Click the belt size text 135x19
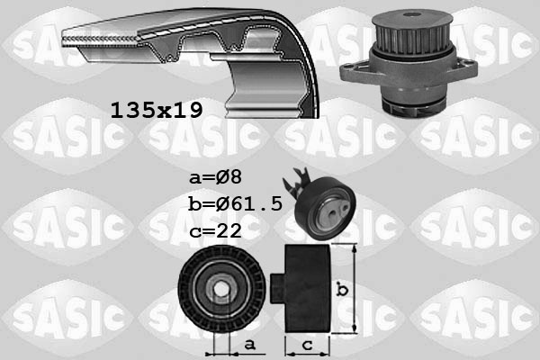[x=156, y=110]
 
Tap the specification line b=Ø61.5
[x=236, y=204]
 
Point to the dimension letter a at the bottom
[x=248, y=344]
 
